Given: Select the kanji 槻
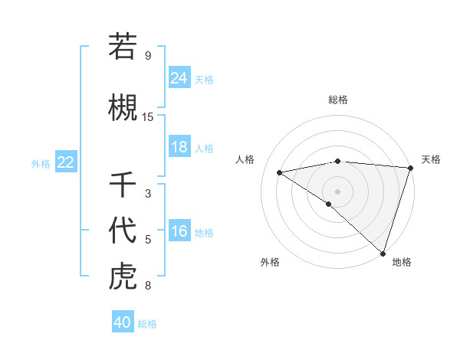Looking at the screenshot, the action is click(123, 105).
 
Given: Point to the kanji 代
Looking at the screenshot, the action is click(123, 230).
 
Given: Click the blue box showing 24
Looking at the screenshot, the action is click(179, 77).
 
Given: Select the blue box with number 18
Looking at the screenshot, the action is click(179, 147).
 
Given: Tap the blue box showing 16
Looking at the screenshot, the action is click(179, 231).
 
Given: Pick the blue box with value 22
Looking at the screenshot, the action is click(65, 162).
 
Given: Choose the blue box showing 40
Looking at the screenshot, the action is click(123, 322).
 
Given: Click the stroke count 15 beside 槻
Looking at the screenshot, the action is click(148, 117).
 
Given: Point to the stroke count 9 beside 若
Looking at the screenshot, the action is click(148, 56).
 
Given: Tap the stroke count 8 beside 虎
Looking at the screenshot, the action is click(148, 286).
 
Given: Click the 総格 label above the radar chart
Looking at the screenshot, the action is click(337, 100).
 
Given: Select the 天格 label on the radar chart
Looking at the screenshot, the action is click(431, 159).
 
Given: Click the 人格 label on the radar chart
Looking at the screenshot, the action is click(245, 159).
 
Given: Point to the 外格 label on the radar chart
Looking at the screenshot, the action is click(270, 262).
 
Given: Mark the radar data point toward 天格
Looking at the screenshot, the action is click(410, 168).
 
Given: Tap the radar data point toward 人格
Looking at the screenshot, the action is click(279, 172).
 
